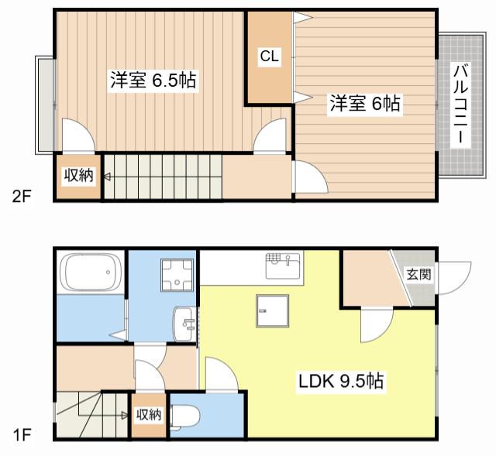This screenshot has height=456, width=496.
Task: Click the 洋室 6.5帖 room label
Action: [152, 80]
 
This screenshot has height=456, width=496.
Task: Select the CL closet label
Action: [269, 57]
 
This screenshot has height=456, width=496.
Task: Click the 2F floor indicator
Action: [22, 197]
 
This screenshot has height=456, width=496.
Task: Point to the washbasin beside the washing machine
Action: [185, 322]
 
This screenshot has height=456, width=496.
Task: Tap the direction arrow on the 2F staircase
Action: [108, 177]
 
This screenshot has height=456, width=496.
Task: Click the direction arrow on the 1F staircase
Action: [124, 415]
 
